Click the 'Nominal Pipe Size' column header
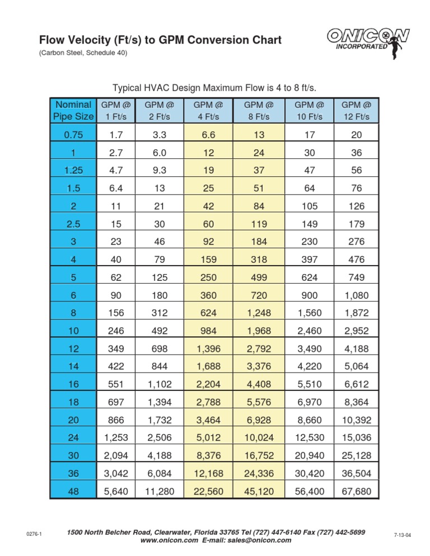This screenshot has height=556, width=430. [73, 111]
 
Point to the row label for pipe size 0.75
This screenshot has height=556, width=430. [73, 134]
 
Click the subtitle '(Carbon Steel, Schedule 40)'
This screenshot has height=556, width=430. [83, 53]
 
